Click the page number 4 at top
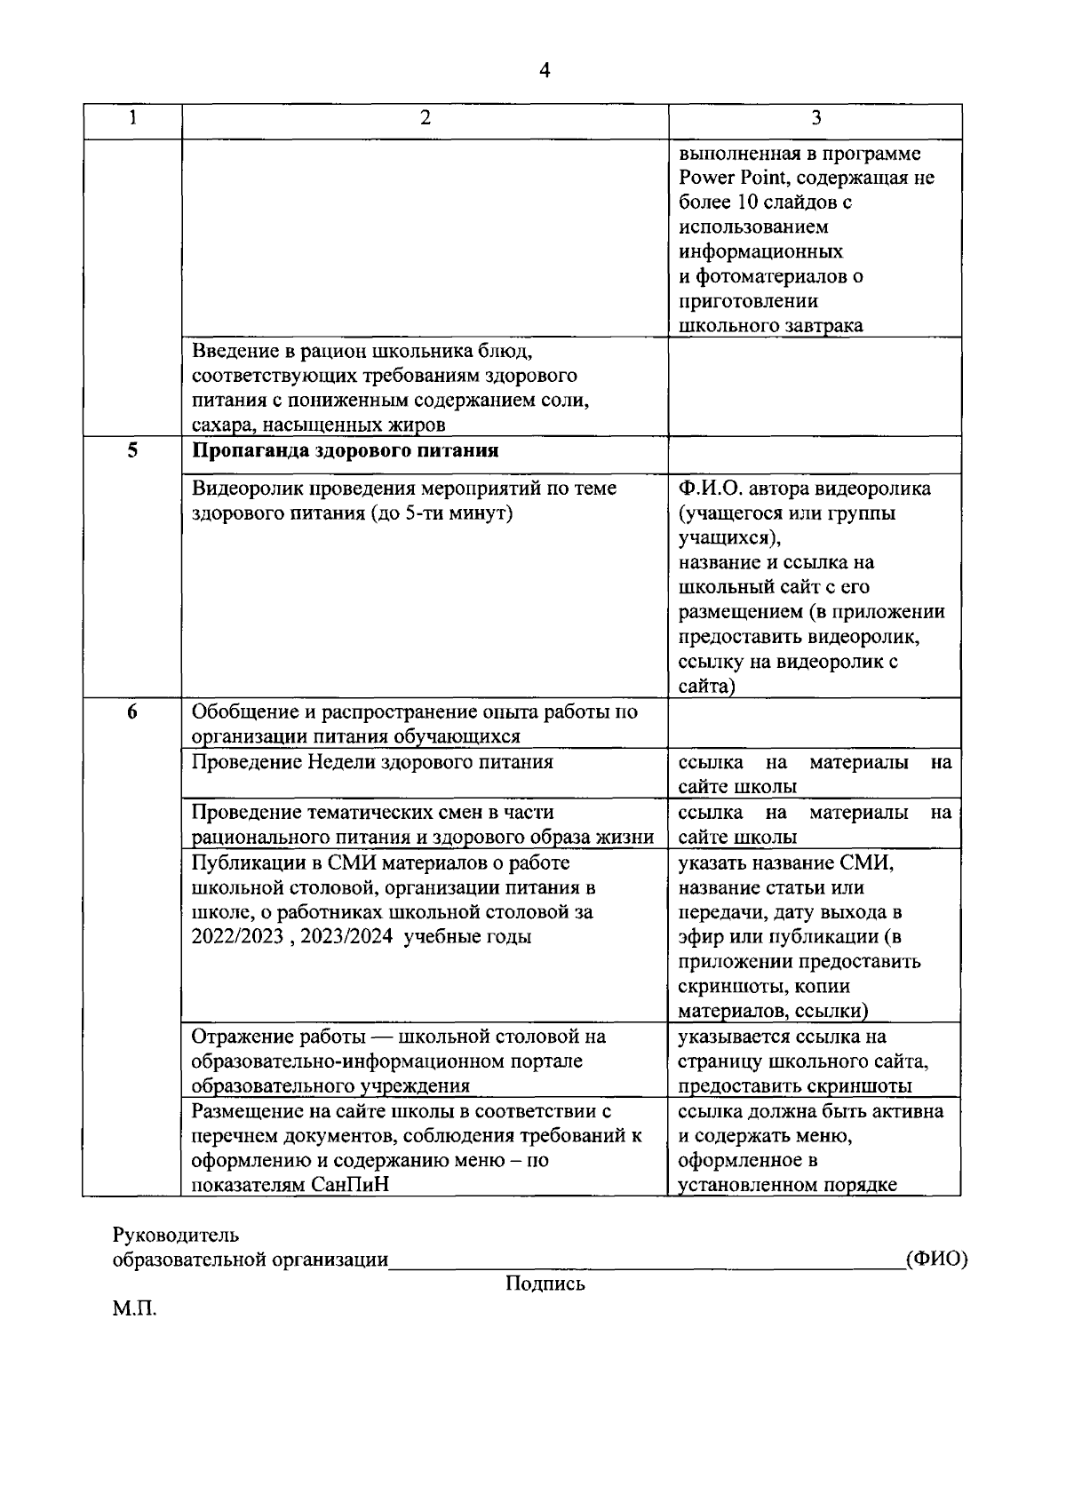pyautogui.click(x=545, y=70)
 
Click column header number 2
pyautogui.click(x=426, y=119)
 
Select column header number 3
pyautogui.click(x=815, y=119)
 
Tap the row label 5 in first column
pyautogui.click(x=132, y=449)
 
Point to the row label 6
pyautogui.click(x=132, y=711)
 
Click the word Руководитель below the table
pyautogui.click(x=175, y=1235)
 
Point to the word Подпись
pyautogui.click(x=545, y=1283)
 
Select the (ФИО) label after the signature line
pyautogui.click(x=935, y=1260)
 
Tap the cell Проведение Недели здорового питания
pyautogui.click(x=372, y=762)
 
